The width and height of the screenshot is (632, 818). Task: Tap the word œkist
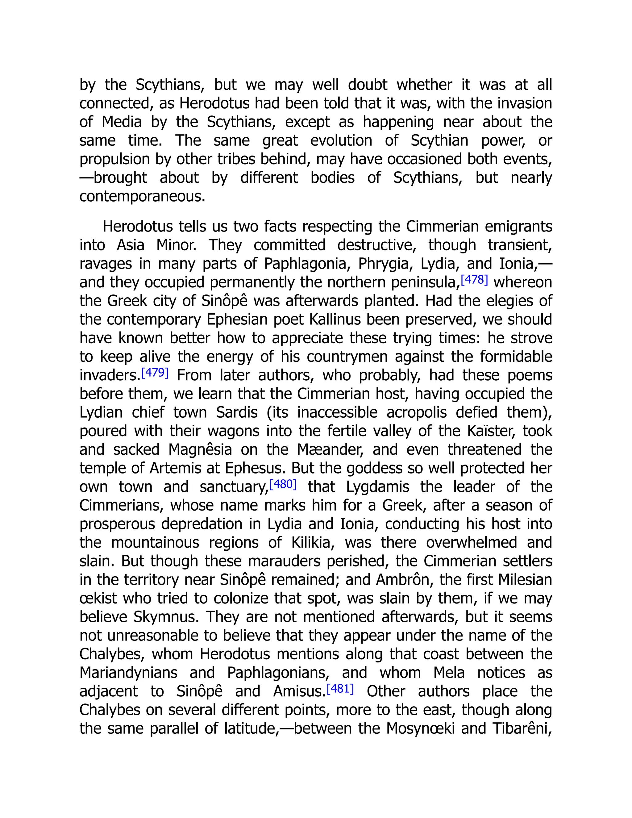[x=98, y=599]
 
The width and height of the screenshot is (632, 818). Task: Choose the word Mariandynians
[x=128, y=673]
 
